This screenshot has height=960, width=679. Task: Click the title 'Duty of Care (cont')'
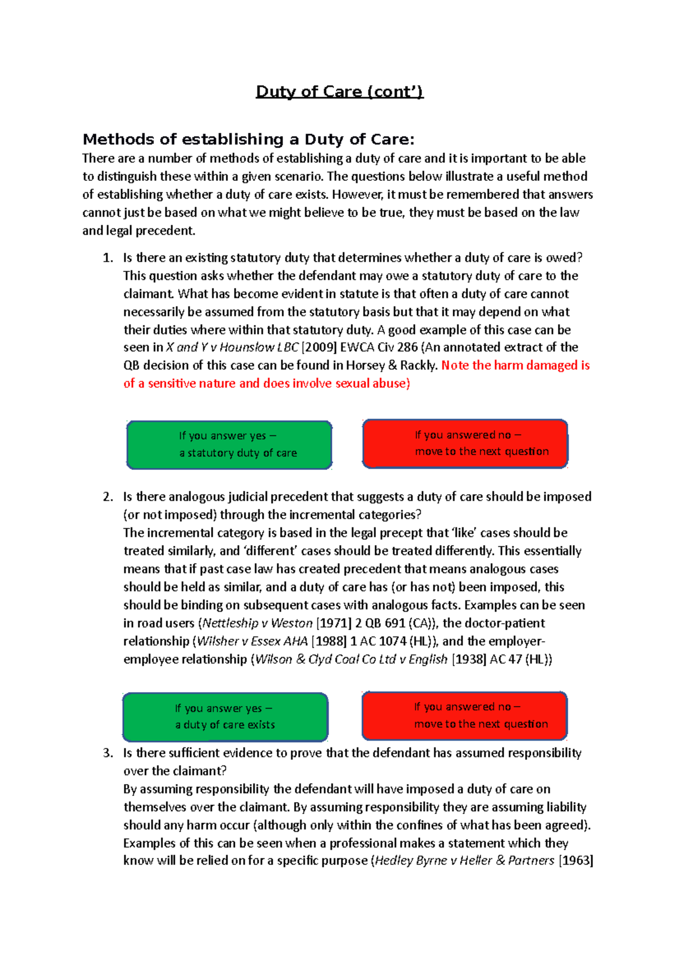pyautogui.click(x=339, y=92)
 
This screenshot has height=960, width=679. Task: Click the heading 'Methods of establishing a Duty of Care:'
pyautogui.click(x=248, y=139)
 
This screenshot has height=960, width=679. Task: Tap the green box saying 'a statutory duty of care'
pyautogui.click(x=229, y=445)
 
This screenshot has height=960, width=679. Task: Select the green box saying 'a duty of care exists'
pyautogui.click(x=225, y=717)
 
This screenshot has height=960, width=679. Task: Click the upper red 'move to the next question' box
pyautogui.click(x=465, y=444)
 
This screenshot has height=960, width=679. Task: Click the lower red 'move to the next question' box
pyautogui.click(x=465, y=716)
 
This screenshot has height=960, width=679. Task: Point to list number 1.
pyautogui.click(x=108, y=258)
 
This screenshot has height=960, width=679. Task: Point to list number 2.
pyautogui.click(x=108, y=497)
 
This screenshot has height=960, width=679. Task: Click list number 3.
pyautogui.click(x=108, y=753)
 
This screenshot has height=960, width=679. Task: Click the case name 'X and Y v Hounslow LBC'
pyautogui.click(x=232, y=347)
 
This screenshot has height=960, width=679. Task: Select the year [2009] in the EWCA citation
pyautogui.click(x=319, y=347)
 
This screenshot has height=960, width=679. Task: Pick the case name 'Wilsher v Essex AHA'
pyautogui.click(x=252, y=641)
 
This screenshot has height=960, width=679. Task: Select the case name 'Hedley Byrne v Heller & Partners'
pyautogui.click(x=465, y=860)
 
